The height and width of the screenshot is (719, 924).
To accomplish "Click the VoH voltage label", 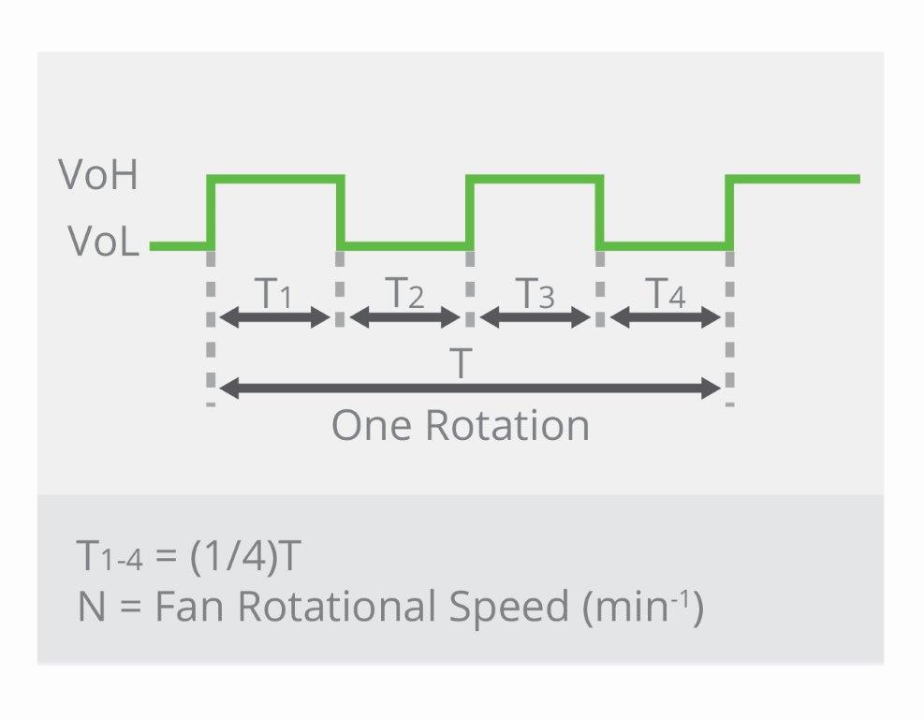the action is click(98, 175).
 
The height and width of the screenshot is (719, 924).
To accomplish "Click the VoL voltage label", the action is click(104, 241).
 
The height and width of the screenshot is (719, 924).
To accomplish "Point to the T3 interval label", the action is click(535, 292).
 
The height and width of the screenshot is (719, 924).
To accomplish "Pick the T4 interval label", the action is click(666, 292).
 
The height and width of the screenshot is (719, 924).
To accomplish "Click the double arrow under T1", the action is click(274, 318).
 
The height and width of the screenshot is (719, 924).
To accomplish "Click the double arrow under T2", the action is click(404, 318).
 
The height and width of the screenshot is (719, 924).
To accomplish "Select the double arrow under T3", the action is click(535, 318).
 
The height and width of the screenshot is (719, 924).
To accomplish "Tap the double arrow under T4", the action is click(666, 318).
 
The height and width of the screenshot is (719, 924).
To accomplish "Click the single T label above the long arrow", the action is click(461, 363).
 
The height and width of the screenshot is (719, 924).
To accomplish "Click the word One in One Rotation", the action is click(372, 425).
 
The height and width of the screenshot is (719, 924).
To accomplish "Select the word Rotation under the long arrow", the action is click(507, 425).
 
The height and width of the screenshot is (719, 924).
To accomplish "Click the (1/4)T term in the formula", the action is click(245, 555).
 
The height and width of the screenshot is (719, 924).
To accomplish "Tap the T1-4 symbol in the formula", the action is click(110, 556).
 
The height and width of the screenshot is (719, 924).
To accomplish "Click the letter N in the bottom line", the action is click(92, 607).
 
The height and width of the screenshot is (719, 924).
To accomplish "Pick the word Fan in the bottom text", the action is click(189, 607).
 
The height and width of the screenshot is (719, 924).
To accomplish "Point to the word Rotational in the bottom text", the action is click(336, 606).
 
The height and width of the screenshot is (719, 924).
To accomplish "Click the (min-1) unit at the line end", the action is click(643, 607).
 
